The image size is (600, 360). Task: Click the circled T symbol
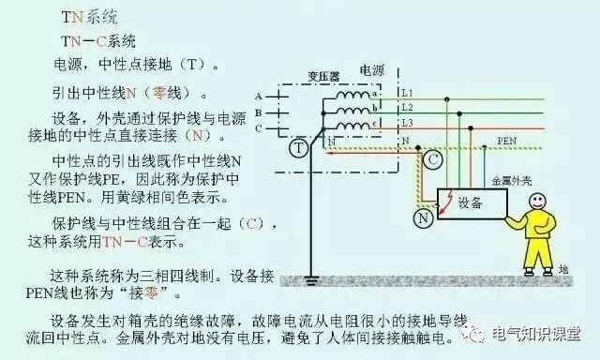[x=297, y=148]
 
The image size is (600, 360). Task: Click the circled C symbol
[x=432, y=160]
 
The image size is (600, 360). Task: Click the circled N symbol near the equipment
[x=425, y=217]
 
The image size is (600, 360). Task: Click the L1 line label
[x=406, y=93]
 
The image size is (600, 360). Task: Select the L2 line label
[x=406, y=108]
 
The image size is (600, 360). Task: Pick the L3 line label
[x=406, y=123]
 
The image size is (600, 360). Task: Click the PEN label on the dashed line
[x=506, y=140]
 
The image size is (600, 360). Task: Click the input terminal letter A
[x=257, y=97]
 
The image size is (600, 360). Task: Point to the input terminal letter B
[x=257, y=112]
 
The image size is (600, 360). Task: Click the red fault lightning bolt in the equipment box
[x=452, y=198]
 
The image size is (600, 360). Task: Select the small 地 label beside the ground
[x=562, y=269]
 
